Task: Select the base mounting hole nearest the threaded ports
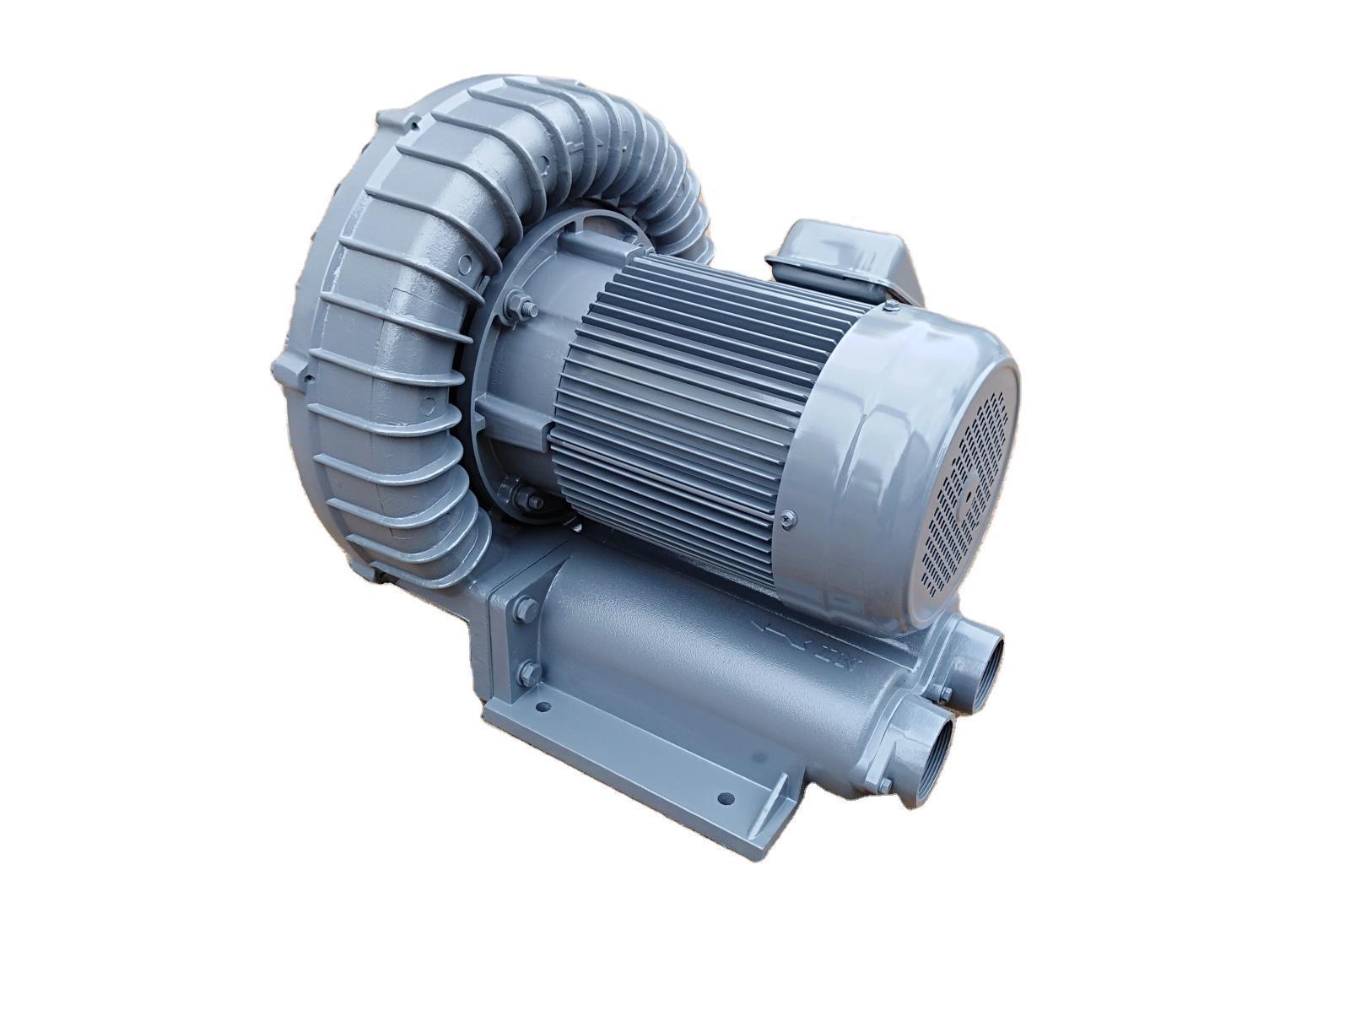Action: [x=722, y=796]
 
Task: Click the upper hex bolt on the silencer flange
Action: [x=521, y=606]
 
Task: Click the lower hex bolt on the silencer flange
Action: [x=530, y=672]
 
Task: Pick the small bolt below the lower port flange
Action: [x=883, y=786]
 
